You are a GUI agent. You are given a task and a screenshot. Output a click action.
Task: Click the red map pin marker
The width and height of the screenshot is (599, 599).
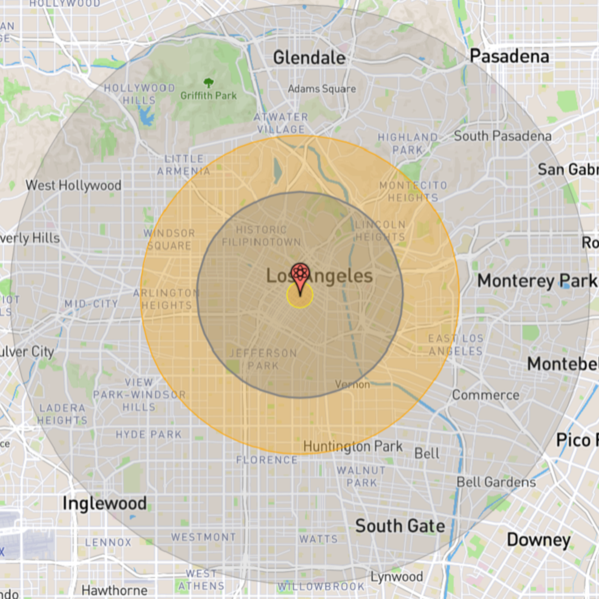tap(300, 275)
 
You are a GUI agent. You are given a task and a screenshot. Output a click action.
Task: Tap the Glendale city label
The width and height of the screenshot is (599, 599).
tap(309, 58)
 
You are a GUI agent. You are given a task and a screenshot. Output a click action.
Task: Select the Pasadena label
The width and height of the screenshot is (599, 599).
tap(510, 56)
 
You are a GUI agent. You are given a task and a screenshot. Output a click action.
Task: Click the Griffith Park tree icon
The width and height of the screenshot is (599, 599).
tap(209, 83)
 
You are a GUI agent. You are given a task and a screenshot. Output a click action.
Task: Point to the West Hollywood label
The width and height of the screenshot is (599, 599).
tap(73, 185)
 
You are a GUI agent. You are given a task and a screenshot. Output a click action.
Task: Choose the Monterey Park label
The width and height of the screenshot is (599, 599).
tap(537, 281)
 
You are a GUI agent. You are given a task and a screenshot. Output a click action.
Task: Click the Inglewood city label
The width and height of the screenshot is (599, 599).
tap(104, 504)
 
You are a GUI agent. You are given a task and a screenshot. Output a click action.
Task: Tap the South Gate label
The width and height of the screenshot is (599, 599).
tap(400, 526)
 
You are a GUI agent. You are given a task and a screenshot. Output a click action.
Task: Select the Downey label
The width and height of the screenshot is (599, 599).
tap(539, 540)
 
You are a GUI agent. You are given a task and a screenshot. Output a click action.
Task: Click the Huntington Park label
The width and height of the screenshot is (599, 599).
tap(353, 446)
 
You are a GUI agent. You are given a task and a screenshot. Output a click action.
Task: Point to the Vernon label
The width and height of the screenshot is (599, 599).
tap(352, 384)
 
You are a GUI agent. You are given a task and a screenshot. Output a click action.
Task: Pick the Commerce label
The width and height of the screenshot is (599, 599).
tap(486, 395)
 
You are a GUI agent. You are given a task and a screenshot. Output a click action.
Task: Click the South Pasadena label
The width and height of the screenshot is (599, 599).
tap(503, 136)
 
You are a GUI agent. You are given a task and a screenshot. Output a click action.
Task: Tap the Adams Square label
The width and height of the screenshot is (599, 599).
tap(322, 89)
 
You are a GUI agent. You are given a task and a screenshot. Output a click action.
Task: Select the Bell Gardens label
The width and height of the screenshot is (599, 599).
tap(496, 482)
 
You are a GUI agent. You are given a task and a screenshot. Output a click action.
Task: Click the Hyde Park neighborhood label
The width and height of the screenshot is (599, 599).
tap(149, 435)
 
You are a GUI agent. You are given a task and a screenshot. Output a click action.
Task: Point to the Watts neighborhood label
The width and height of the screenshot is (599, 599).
tap(319, 539)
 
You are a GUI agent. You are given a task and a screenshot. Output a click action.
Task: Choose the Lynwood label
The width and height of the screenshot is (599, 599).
tap(397, 577)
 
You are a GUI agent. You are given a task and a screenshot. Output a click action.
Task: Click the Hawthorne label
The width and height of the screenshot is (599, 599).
tap(115, 591)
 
